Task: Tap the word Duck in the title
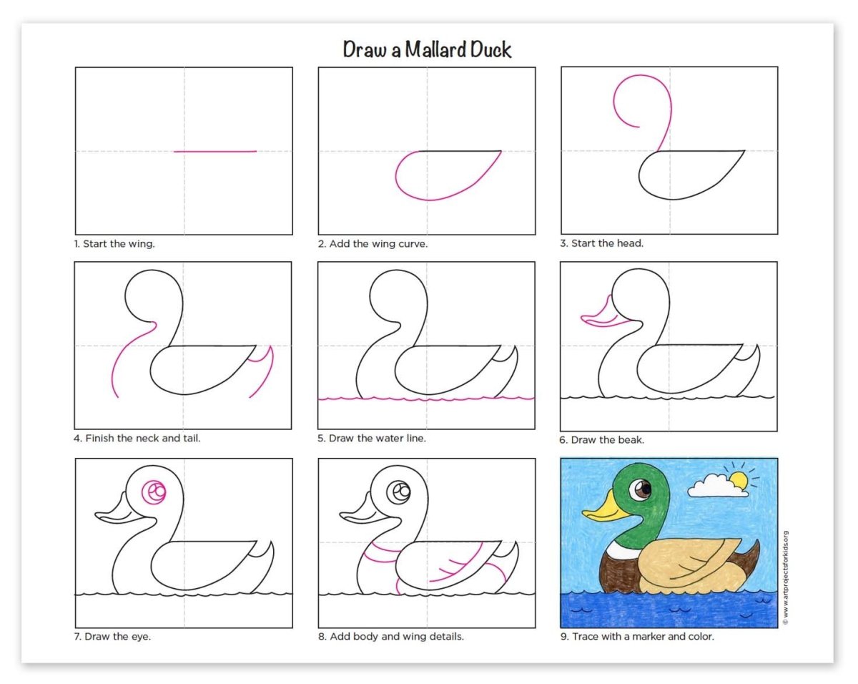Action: pyautogui.click(x=490, y=50)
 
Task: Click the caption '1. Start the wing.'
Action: pyautogui.click(x=114, y=244)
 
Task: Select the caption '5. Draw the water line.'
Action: pyautogui.click(x=372, y=438)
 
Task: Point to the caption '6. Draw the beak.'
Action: pyautogui.click(x=601, y=440)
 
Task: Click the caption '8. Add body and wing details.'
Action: pyautogui.click(x=391, y=637)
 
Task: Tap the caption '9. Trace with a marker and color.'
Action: pyautogui.click(x=637, y=637)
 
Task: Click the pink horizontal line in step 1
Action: pyautogui.click(x=215, y=151)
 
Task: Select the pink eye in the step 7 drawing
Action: pyautogui.click(x=154, y=492)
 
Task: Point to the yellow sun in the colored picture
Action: pyautogui.click(x=739, y=481)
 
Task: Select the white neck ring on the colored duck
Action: pyautogui.click(x=620, y=549)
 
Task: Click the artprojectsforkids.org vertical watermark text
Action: pyautogui.click(x=785, y=578)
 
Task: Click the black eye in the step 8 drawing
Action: pyautogui.click(x=398, y=492)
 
